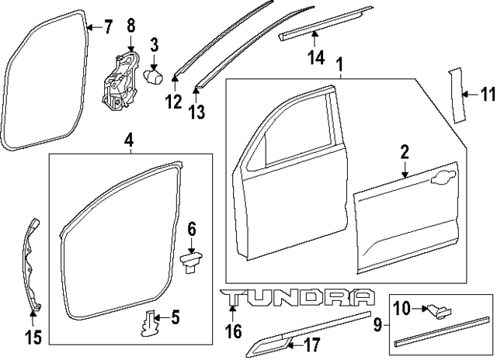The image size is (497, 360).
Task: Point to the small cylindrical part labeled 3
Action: [155, 76]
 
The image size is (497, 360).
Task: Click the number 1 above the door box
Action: [339, 61]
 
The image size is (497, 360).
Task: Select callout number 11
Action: [486, 95]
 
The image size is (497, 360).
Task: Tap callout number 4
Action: [129, 140]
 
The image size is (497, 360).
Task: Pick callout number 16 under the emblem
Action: [232, 332]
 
